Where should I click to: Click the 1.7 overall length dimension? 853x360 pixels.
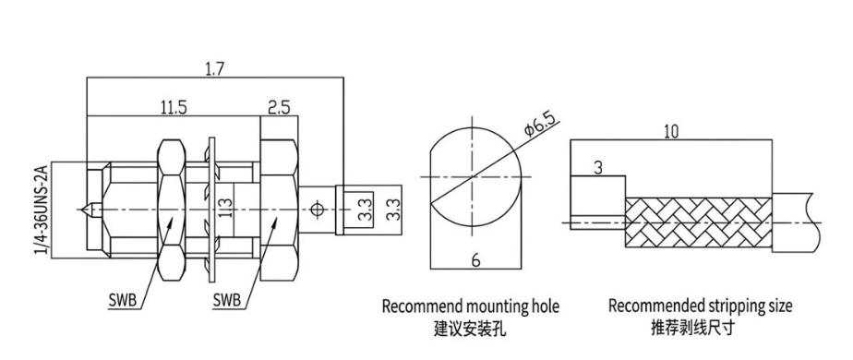click(x=214, y=69)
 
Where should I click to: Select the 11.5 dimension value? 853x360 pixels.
click(x=173, y=107)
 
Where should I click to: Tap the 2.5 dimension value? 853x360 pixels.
click(x=278, y=107)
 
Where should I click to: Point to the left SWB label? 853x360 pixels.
click(x=121, y=300)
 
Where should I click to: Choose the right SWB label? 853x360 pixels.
click(x=226, y=300)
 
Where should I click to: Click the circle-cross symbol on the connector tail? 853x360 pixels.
click(x=316, y=210)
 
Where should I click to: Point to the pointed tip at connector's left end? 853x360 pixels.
click(x=81, y=210)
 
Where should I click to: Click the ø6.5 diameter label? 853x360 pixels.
click(x=541, y=124)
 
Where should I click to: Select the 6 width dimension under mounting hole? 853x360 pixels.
click(x=475, y=260)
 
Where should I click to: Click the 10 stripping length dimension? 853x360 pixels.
click(x=671, y=132)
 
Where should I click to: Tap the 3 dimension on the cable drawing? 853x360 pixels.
click(x=598, y=168)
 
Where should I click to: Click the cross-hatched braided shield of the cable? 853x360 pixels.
click(x=699, y=223)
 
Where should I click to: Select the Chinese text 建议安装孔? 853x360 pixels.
click(x=470, y=329)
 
